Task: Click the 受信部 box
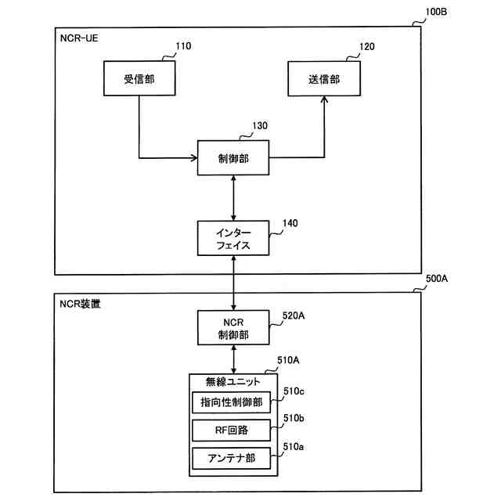click(139, 78)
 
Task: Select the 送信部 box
click(324, 78)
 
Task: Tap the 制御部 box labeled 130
click(233, 158)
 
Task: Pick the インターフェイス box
click(233, 238)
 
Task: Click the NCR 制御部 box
click(233, 327)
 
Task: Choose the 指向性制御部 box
click(232, 402)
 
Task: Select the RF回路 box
click(232, 430)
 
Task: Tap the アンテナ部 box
click(232, 458)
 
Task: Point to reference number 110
click(183, 46)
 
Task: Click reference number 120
click(367, 47)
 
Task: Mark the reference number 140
click(290, 223)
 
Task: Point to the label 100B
click(436, 12)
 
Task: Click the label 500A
click(437, 279)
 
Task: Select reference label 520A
click(294, 315)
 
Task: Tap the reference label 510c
click(294, 391)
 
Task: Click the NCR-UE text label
click(79, 38)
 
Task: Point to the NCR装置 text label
click(80, 304)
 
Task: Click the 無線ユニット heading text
click(232, 381)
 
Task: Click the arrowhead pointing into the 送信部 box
click(324, 99)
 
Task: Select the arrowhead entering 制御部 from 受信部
click(194, 158)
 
